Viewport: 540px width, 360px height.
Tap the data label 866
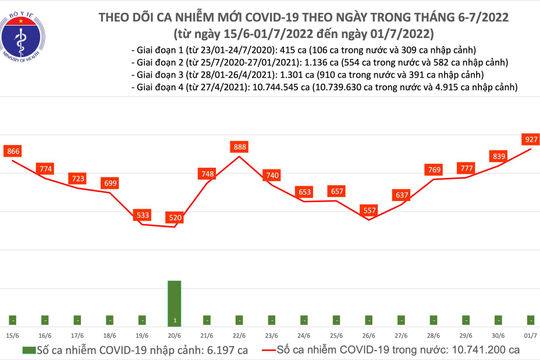pos(14,150)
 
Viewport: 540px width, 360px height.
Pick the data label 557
pos(366,210)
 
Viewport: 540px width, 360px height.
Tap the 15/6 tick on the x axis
pos(14,335)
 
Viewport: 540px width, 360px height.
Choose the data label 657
pos(336,190)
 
